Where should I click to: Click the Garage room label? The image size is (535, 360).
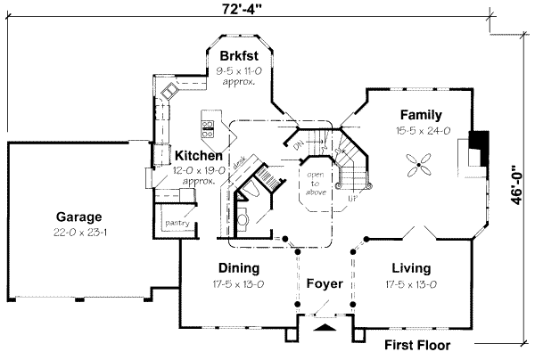click(x=79, y=217)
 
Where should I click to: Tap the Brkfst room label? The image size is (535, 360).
click(x=237, y=56)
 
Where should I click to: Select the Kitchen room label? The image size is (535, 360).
click(x=198, y=155)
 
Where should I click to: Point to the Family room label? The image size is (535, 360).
click(x=421, y=115)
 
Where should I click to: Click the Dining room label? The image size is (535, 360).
click(x=238, y=267)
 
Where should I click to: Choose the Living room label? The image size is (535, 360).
click(x=410, y=267)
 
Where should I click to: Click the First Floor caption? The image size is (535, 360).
click(x=417, y=346)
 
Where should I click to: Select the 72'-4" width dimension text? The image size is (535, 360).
click(x=247, y=9)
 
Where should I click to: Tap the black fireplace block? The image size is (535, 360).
click(x=480, y=144)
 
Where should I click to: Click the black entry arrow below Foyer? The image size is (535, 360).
click(x=325, y=328)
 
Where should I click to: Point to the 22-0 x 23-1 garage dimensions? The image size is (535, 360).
click(x=79, y=233)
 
